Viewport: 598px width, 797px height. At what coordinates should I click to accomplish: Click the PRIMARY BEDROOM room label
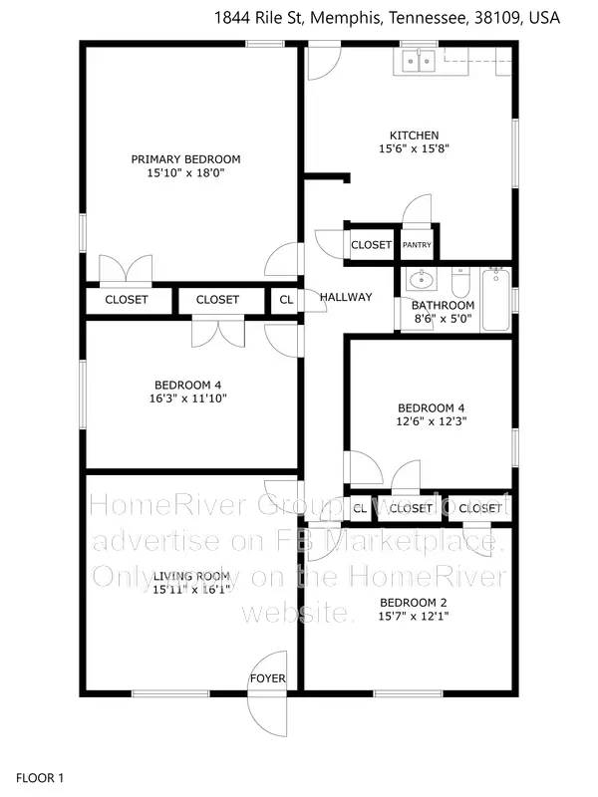186,159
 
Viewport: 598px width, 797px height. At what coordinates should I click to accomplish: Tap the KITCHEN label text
414,135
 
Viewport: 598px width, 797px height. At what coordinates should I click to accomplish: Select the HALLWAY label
346,297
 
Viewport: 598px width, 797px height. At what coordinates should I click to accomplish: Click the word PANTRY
416,245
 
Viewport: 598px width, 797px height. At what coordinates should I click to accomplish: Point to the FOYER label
268,679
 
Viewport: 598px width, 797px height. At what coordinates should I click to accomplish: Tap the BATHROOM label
444,305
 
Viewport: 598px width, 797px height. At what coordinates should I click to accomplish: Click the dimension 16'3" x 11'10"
187,398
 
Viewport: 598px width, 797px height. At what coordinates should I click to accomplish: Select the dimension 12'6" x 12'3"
432,420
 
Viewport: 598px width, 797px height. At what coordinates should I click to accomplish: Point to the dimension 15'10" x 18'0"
186,172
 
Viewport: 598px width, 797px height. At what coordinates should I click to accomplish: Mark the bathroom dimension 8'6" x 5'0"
444,319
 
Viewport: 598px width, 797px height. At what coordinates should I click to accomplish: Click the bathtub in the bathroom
495,300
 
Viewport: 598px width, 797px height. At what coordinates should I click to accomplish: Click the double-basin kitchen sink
417,62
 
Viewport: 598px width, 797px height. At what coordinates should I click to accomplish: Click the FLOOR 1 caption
41,777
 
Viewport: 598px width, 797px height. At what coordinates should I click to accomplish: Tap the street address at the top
388,17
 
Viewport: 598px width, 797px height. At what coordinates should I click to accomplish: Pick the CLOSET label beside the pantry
371,245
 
